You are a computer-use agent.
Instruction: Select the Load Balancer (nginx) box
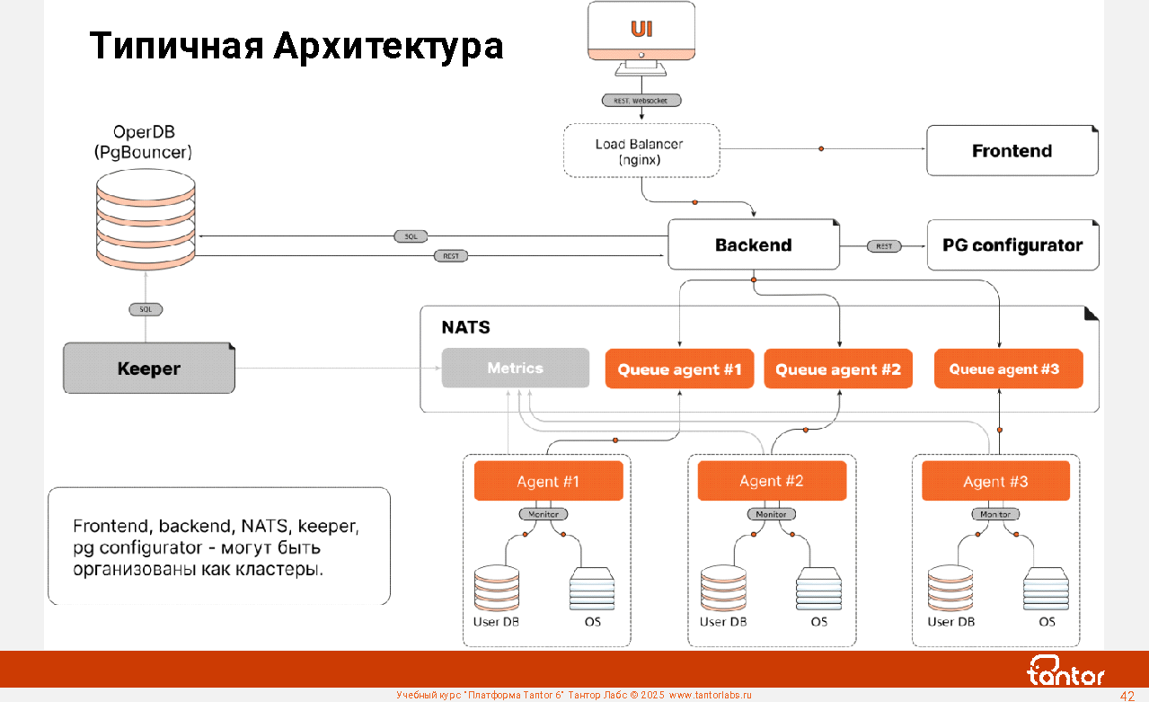[640, 150]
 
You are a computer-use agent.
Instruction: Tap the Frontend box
[1012, 151]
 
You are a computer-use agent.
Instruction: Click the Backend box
[753, 244]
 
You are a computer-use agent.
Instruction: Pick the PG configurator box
[1012, 244]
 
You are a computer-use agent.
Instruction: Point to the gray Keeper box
[148, 369]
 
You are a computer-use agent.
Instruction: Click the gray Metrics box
[515, 368]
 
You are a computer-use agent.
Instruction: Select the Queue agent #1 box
[678, 369]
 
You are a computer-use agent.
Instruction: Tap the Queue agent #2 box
[837, 369]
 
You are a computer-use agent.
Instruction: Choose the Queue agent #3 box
[1008, 369]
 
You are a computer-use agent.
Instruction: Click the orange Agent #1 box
[548, 481]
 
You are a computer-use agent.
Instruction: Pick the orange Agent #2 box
[772, 481]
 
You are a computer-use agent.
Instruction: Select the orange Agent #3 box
[995, 481]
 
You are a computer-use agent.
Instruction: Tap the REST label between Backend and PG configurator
[883, 246]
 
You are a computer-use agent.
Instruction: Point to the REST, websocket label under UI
[641, 101]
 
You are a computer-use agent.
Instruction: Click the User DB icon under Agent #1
[497, 588]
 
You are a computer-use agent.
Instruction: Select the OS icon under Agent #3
[1047, 590]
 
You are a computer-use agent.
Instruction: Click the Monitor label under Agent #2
[771, 514]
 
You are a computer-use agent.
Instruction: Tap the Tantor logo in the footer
[1066, 671]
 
